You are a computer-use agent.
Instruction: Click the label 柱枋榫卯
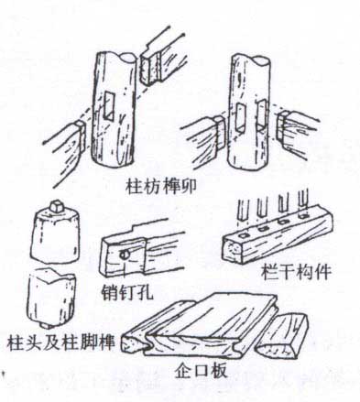coord(161,187)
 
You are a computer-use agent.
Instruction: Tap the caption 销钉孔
coord(127,292)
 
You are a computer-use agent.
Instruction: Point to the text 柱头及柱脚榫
coord(60,342)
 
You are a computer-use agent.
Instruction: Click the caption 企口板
coord(201,371)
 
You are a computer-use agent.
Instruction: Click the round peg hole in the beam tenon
coord(125,254)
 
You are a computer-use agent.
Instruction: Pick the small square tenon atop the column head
coord(57,206)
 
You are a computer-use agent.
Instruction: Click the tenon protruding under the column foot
coord(46,325)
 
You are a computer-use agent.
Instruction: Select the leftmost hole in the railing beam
coord(244,235)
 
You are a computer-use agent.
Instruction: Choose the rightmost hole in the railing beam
coord(302,216)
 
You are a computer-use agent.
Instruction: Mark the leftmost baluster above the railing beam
coord(243,210)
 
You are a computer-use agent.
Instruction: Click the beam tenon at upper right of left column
coord(149,68)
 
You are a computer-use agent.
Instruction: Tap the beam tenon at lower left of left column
coord(81,135)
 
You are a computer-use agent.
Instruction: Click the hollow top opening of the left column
coord(126,57)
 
